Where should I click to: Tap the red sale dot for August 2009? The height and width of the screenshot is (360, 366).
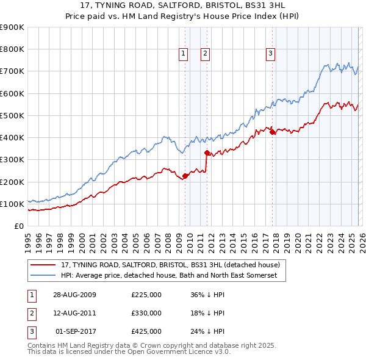pyautogui.click(x=185, y=176)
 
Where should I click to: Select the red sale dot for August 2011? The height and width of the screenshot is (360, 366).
pyautogui.click(x=207, y=153)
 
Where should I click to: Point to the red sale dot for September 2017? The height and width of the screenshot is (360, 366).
pyautogui.click(x=272, y=132)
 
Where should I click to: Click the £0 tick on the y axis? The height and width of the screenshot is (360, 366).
pyautogui.click(x=20, y=226)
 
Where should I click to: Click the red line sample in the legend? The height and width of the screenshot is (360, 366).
pyautogui.click(x=44, y=265)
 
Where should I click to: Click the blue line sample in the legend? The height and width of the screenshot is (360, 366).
pyautogui.click(x=44, y=276)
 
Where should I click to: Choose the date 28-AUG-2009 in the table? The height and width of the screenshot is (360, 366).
pyautogui.click(x=75, y=295)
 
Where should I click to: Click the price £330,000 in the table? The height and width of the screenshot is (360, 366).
pyautogui.click(x=146, y=313)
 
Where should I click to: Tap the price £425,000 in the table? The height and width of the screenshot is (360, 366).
pyautogui.click(x=146, y=331)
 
